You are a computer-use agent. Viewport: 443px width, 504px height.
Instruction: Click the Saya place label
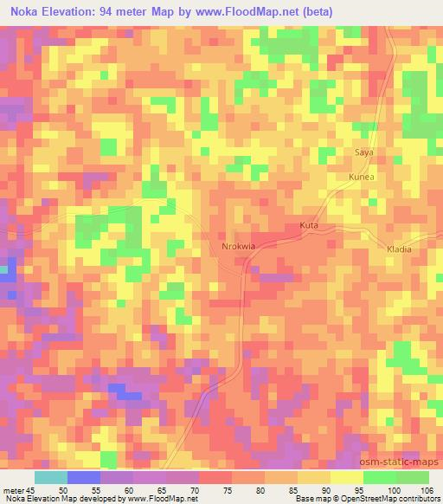click(364, 152)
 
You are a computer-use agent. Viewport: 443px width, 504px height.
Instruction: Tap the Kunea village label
click(361, 177)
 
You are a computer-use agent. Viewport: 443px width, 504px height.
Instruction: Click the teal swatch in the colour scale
click(51, 476)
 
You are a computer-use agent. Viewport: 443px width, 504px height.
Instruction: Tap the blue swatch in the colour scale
click(84, 476)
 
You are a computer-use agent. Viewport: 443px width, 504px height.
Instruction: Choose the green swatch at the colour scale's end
click(412, 476)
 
